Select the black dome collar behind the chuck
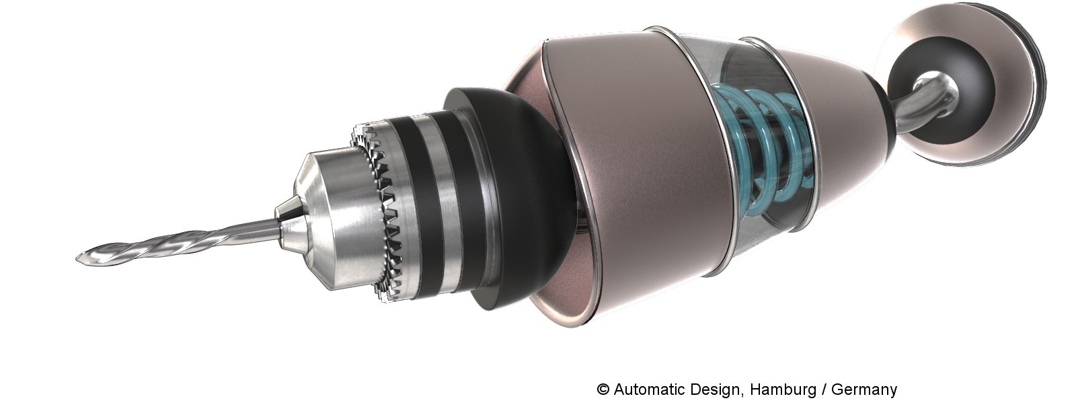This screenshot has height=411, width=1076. (x=518, y=202)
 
